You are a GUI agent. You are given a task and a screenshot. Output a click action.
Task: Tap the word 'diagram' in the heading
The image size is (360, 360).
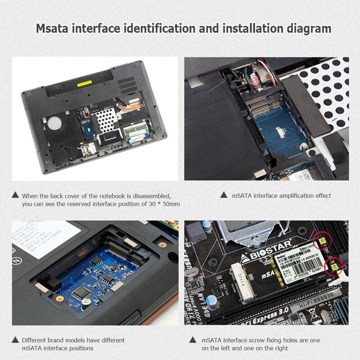tap(309, 28)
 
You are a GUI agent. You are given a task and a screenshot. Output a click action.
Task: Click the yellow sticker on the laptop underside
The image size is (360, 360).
tap(84, 84)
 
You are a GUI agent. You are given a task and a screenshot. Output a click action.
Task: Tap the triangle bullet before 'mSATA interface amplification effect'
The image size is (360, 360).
tap(224, 195)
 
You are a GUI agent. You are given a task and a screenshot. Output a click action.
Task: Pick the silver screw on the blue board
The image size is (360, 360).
tap(304, 146)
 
